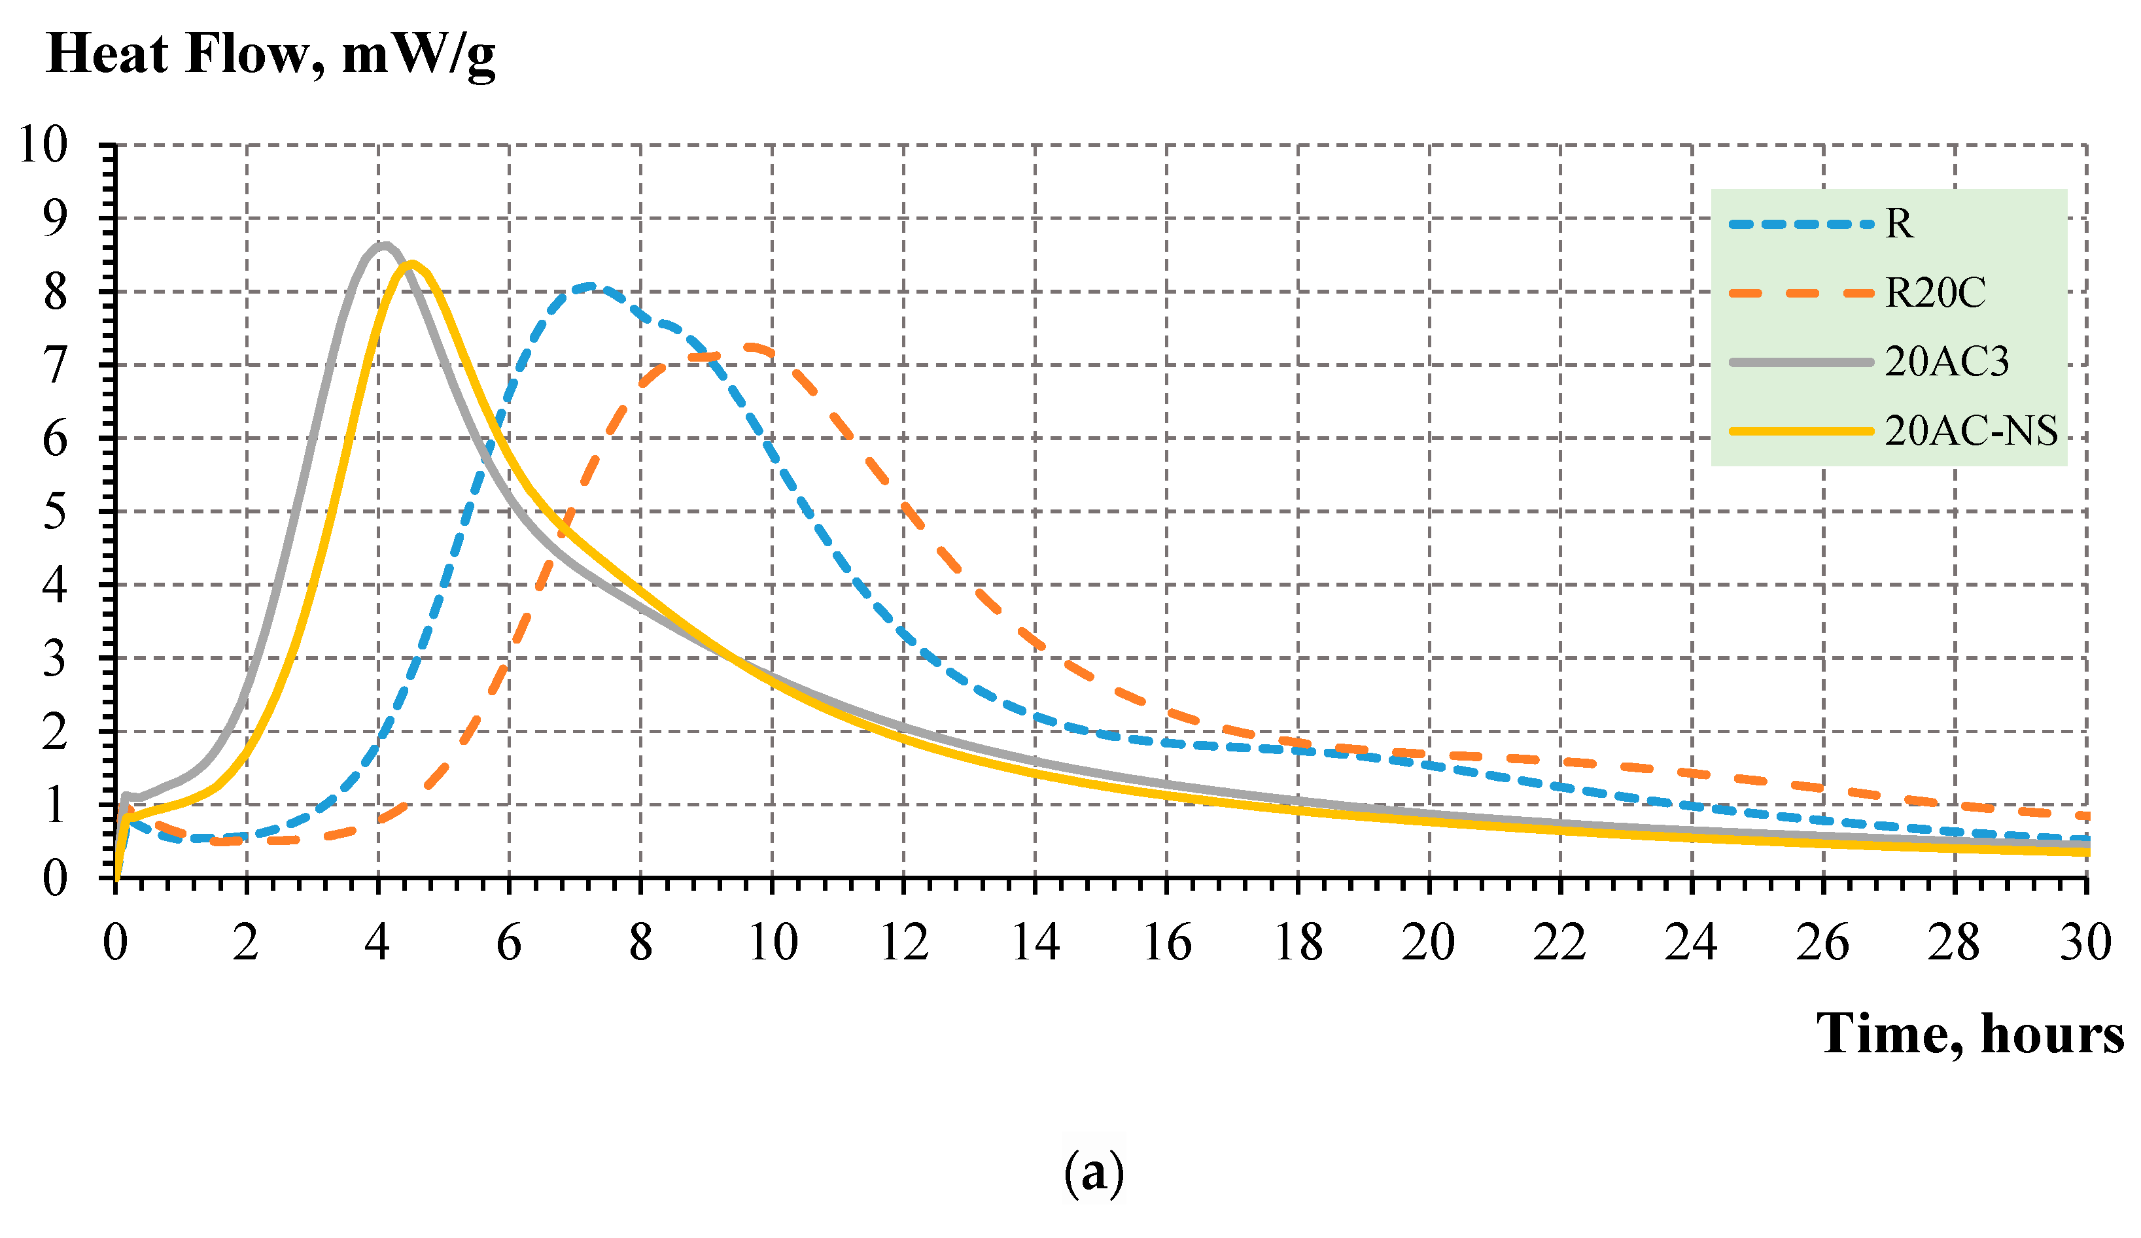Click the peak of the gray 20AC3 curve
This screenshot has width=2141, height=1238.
click(385, 245)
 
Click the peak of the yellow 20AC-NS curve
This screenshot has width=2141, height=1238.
click(412, 264)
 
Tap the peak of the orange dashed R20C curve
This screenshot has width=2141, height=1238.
click(751, 346)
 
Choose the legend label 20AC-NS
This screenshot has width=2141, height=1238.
click(1970, 432)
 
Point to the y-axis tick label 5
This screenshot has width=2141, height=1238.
click(54, 512)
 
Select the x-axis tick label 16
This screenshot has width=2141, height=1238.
click(1166, 943)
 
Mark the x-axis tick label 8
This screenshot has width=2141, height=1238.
click(640, 943)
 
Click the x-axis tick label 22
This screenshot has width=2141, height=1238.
click(1560, 943)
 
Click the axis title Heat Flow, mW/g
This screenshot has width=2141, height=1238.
click(270, 54)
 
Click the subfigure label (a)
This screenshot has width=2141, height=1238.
click(1094, 1173)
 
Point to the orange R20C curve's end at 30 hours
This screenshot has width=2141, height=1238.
click(2084, 816)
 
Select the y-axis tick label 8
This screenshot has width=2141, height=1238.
click(54, 292)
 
